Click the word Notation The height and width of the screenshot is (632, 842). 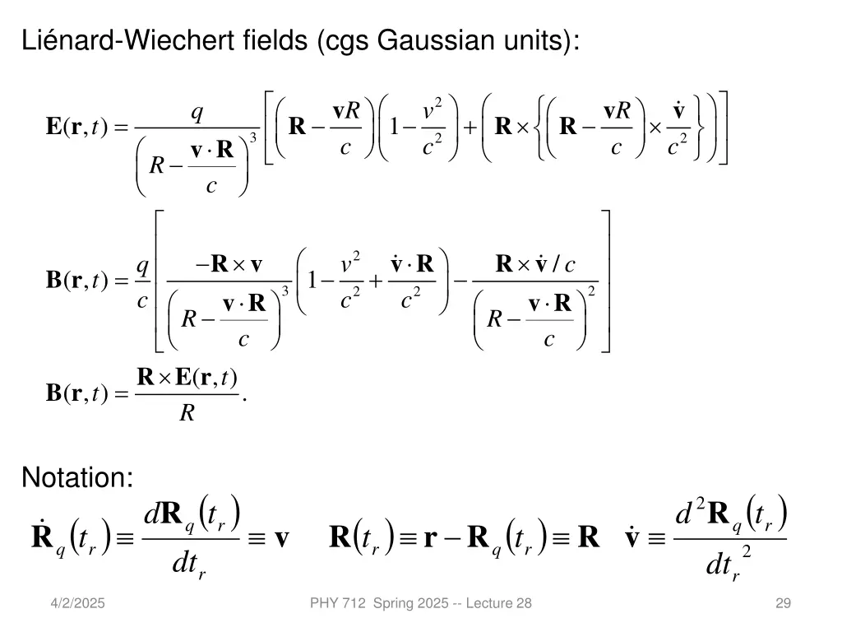[77, 476]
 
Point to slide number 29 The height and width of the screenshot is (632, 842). [783, 603]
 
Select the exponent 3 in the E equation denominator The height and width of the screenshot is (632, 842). [253, 137]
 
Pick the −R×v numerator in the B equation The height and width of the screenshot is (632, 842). [229, 264]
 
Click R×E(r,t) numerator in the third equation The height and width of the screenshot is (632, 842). [187, 378]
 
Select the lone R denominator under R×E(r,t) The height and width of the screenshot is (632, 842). [187, 413]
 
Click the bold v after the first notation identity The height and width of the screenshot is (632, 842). [282, 539]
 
